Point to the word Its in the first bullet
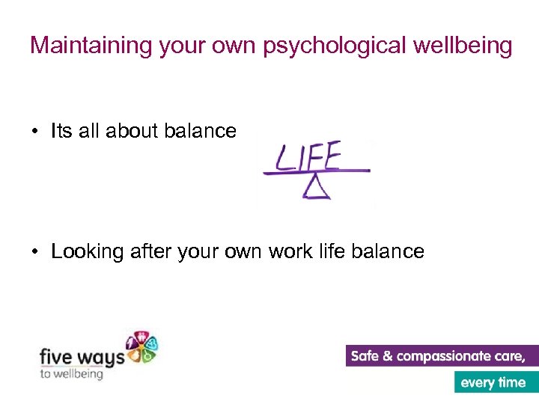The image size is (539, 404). (61, 131)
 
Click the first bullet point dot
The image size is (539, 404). (35, 132)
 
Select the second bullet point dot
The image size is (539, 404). (35, 252)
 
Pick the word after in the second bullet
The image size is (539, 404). (152, 251)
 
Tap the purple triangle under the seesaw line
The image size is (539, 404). (317, 188)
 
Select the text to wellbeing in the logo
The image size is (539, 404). (71, 373)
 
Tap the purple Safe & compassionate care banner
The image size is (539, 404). (442, 356)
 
